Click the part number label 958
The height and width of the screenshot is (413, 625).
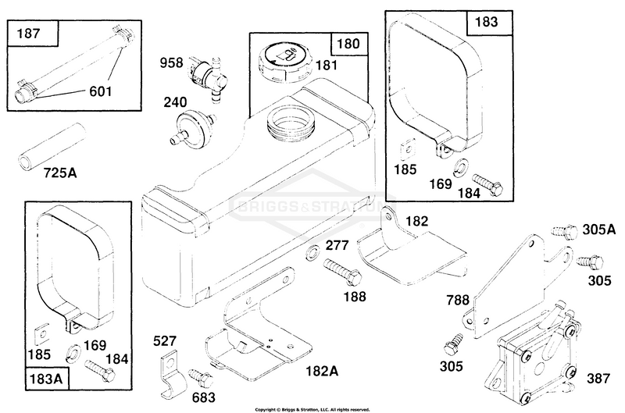[x=171, y=63]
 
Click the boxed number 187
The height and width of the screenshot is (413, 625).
[x=28, y=33]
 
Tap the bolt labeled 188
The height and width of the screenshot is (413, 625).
[x=343, y=272]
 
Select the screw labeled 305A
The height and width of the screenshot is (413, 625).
[x=564, y=232]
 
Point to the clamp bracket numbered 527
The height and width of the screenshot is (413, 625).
[x=172, y=374]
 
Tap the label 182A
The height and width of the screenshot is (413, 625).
[x=322, y=371]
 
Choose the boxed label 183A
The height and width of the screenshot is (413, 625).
[x=47, y=379]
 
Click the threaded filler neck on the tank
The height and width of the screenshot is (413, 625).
[x=291, y=121]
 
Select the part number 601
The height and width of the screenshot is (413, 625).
[x=101, y=91]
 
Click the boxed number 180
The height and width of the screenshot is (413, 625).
[x=348, y=44]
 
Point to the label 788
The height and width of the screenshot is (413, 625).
[x=458, y=300]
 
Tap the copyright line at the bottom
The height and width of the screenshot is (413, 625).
[x=312, y=409]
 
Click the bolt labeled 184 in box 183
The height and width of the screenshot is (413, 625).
[x=487, y=185]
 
